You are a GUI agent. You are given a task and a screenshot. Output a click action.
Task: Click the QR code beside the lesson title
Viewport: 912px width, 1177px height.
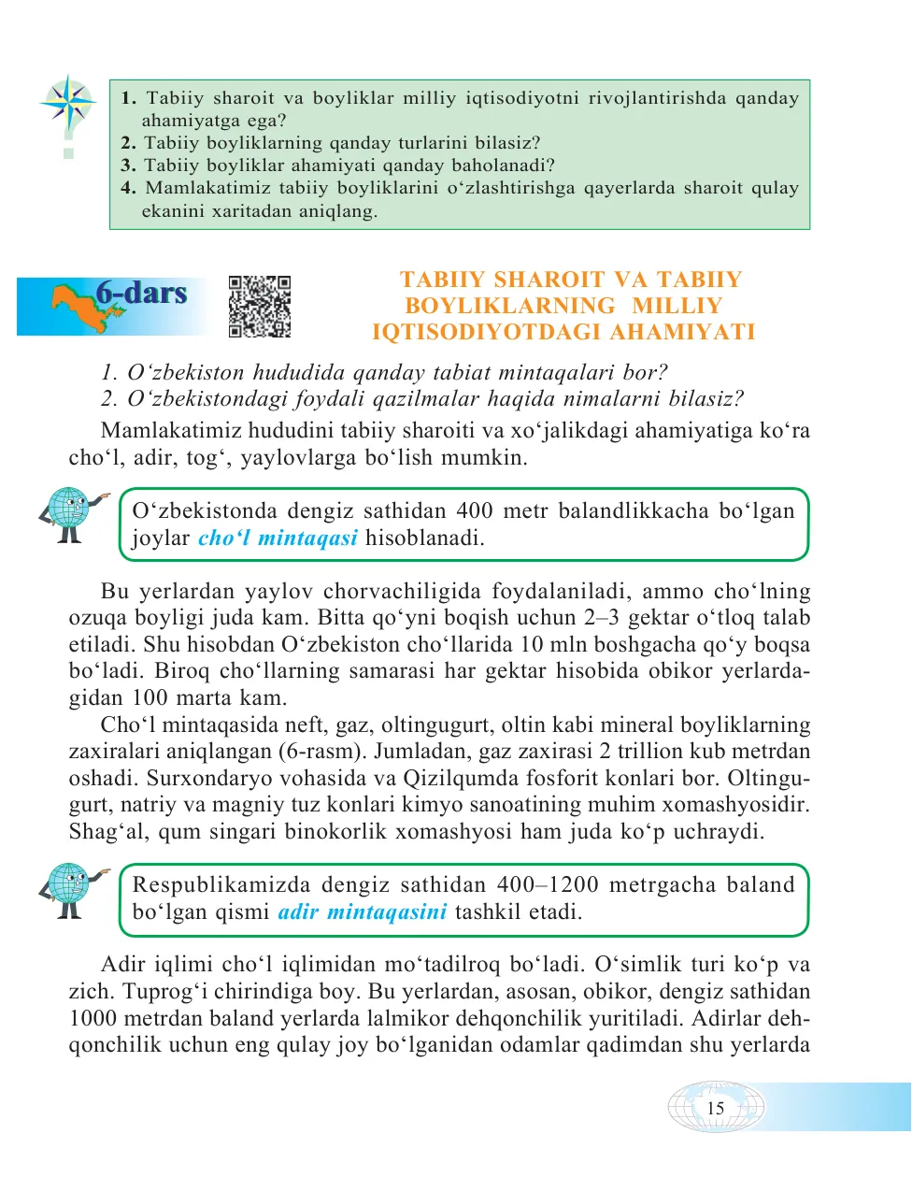pyautogui.click(x=260, y=306)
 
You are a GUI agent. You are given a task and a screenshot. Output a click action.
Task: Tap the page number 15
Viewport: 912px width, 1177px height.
pyautogui.click(x=716, y=1108)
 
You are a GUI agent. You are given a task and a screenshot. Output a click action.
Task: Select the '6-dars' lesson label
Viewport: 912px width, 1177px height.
pyautogui.click(x=141, y=293)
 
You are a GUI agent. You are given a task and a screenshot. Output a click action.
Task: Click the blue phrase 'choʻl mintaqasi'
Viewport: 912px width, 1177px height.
pyautogui.click(x=278, y=538)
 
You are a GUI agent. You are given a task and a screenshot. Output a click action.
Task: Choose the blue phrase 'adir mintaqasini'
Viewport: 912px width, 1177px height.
pyautogui.click(x=363, y=912)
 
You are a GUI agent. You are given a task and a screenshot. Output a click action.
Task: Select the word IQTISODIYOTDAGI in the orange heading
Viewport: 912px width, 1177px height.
pyautogui.click(x=486, y=332)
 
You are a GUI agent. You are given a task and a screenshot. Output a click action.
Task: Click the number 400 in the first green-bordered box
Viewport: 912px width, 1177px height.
pyautogui.click(x=475, y=511)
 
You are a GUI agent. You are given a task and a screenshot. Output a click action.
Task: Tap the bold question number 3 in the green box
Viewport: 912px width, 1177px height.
pyautogui.click(x=128, y=165)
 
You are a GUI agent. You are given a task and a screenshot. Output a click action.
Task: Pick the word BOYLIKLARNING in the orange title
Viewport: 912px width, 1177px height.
pyautogui.click(x=510, y=306)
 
